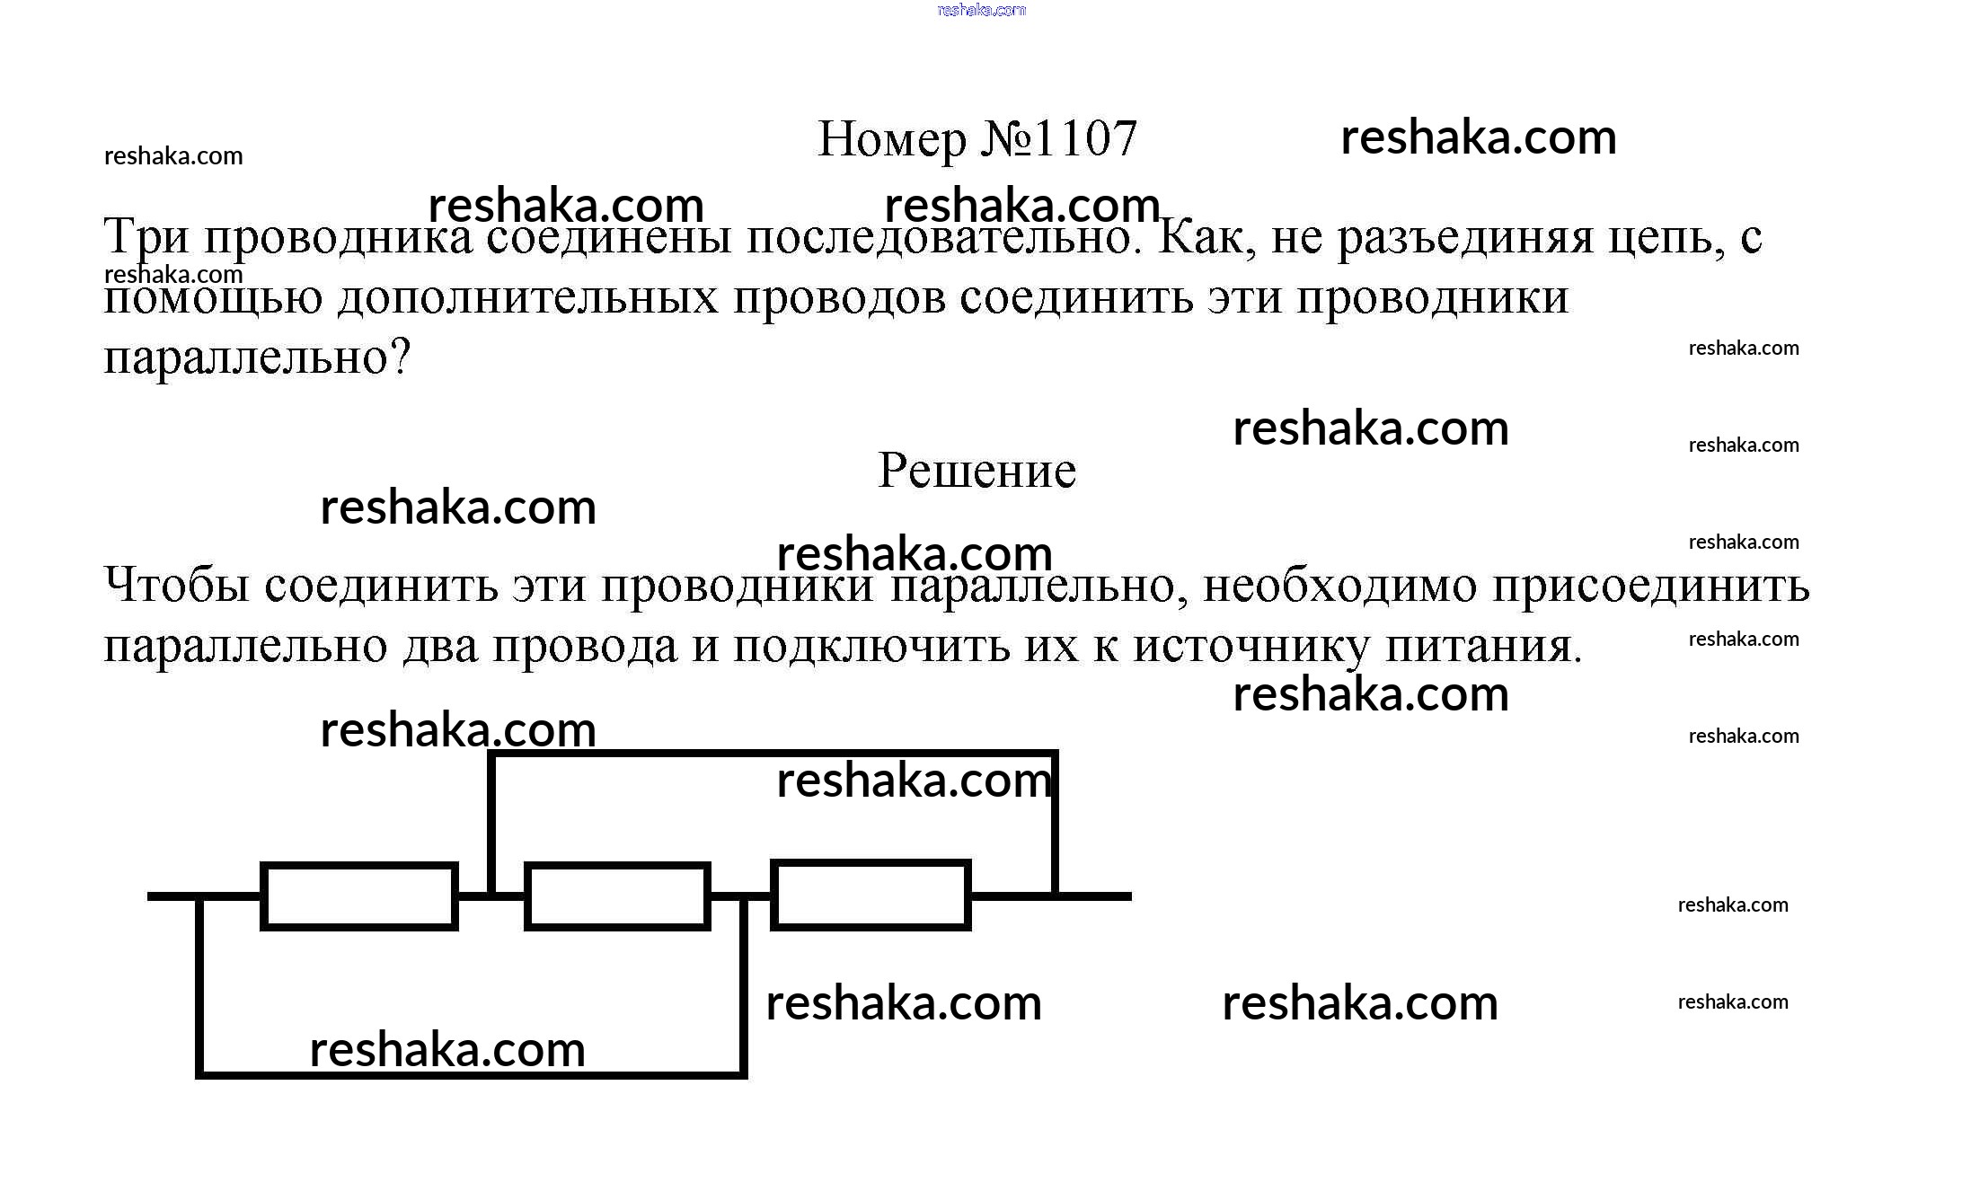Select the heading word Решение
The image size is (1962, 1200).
point(977,470)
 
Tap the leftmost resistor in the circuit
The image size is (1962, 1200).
point(359,896)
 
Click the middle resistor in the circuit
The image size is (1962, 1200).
point(617,896)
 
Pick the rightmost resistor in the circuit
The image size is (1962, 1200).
point(871,895)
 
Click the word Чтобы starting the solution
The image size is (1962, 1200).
point(177,586)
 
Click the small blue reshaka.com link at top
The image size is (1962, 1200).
point(981,10)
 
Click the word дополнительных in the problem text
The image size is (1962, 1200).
point(528,298)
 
